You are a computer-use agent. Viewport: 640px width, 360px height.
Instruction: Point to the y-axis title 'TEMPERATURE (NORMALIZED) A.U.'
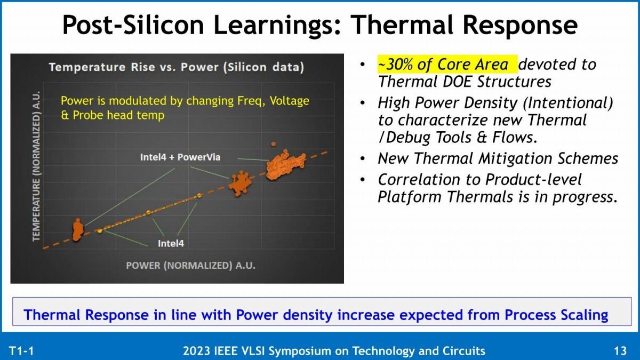tap(36, 166)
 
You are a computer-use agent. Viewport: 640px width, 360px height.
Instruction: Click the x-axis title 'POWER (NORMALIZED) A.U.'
tap(190, 266)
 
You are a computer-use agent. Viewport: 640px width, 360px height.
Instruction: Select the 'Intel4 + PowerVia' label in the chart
tap(180, 157)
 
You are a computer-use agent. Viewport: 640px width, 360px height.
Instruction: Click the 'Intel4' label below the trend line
tap(171, 243)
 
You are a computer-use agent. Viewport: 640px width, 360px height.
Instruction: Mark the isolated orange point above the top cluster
tap(274, 144)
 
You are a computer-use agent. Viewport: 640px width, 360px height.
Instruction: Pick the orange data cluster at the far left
tap(78, 230)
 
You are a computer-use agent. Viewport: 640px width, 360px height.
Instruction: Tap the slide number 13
tap(620, 350)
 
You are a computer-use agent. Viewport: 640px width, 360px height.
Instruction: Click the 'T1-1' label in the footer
tap(21, 350)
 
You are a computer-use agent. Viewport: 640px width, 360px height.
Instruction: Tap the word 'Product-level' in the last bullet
tap(533, 180)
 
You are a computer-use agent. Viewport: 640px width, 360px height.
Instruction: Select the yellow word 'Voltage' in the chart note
tap(290, 101)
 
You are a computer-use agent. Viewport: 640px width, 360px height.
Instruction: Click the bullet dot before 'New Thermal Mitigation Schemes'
tap(363, 158)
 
